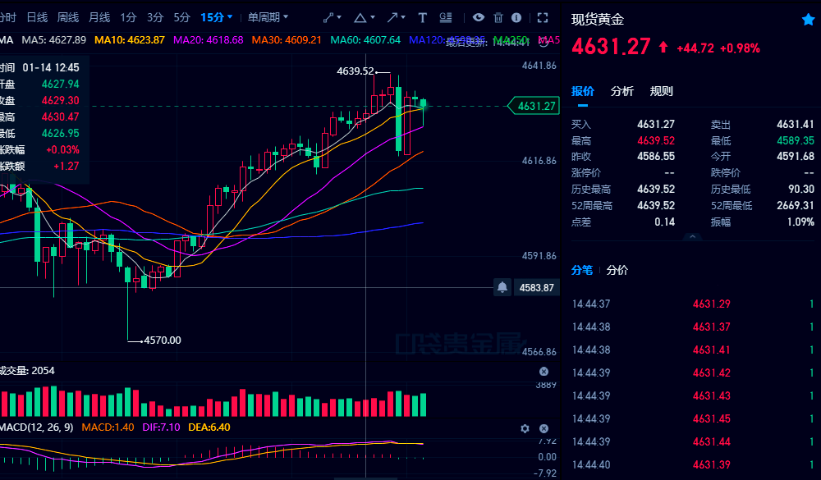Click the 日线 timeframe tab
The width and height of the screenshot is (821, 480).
37,17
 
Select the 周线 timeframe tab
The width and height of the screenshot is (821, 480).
68,17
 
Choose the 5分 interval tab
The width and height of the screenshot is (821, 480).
181,17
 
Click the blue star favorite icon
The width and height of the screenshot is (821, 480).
808,20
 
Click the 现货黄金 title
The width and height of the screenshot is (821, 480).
598,20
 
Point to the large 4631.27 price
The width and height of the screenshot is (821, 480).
611,48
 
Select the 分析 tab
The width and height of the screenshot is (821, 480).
622,91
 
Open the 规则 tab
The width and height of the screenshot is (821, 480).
661,91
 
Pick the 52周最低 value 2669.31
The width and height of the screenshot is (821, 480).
796,205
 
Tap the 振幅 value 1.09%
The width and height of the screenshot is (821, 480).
799,222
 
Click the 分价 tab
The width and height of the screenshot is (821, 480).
617,270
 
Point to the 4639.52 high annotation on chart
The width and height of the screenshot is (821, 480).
355,71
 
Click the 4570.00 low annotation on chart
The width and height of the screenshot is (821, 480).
163,340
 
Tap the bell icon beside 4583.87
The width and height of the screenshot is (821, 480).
502,287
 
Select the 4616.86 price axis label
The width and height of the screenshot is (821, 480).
539,161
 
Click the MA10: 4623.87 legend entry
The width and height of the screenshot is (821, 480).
130,39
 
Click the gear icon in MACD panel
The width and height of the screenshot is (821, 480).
525,428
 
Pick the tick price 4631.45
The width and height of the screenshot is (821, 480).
711,418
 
